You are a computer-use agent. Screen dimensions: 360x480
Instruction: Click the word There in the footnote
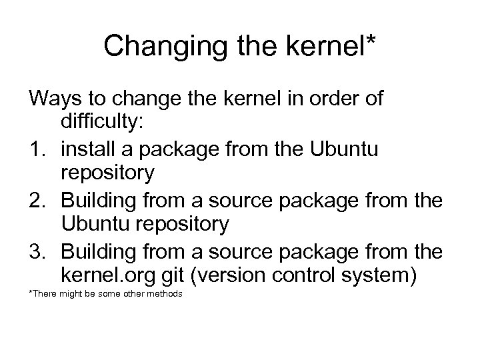pos(46,294)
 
